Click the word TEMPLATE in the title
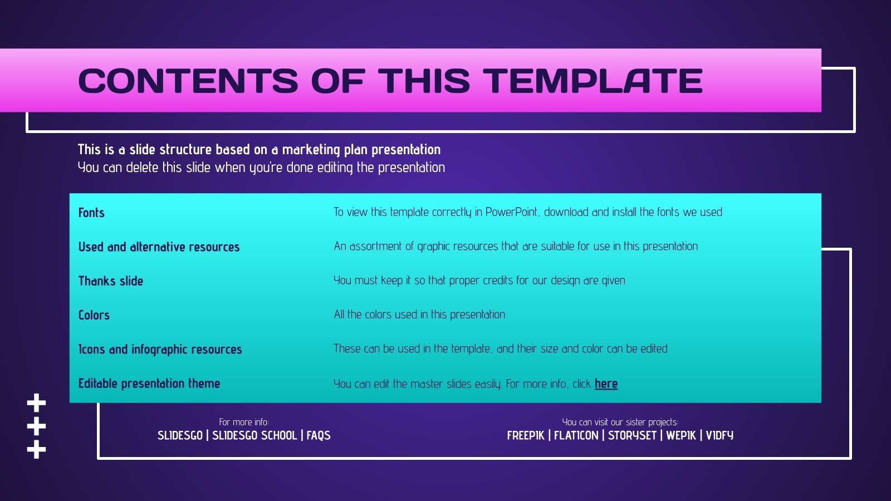point(594,81)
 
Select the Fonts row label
point(91,213)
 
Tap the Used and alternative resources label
point(159,247)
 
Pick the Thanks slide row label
point(110,281)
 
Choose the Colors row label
point(94,315)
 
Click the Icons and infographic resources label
point(160,350)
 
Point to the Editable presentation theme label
point(149,384)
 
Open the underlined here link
point(606,384)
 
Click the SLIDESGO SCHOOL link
point(254,435)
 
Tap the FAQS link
point(319,435)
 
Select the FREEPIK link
point(525,435)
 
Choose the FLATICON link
point(576,435)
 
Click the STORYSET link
point(632,435)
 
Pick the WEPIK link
point(681,435)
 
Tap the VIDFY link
point(719,435)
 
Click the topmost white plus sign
point(36,402)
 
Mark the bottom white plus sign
point(36,449)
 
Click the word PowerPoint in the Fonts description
point(511,212)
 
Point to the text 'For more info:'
point(243,422)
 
